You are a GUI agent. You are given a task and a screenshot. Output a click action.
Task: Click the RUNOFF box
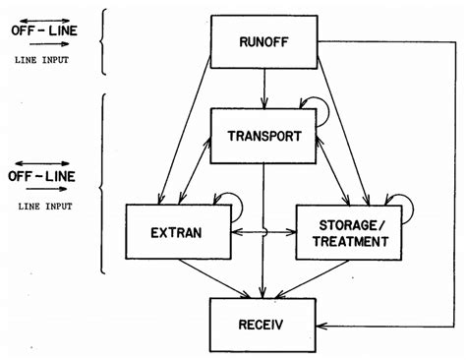pyautogui.click(x=262, y=41)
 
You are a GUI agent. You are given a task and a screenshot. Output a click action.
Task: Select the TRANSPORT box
pyautogui.click(x=262, y=137)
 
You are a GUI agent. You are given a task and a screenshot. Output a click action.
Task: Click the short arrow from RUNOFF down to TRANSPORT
pyautogui.click(x=262, y=89)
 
